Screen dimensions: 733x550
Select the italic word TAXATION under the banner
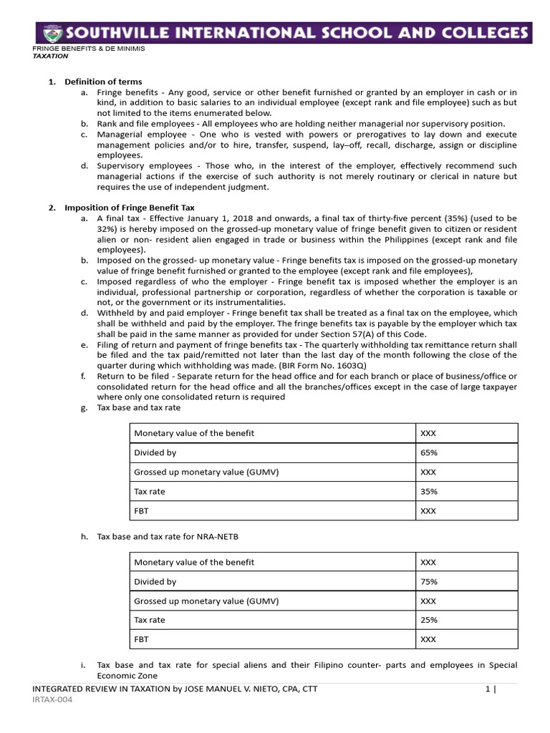pos(51,55)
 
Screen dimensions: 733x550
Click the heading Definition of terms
pos(103,82)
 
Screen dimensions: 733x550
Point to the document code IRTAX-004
pos(52,699)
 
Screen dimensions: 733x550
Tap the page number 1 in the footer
pos(487,689)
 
